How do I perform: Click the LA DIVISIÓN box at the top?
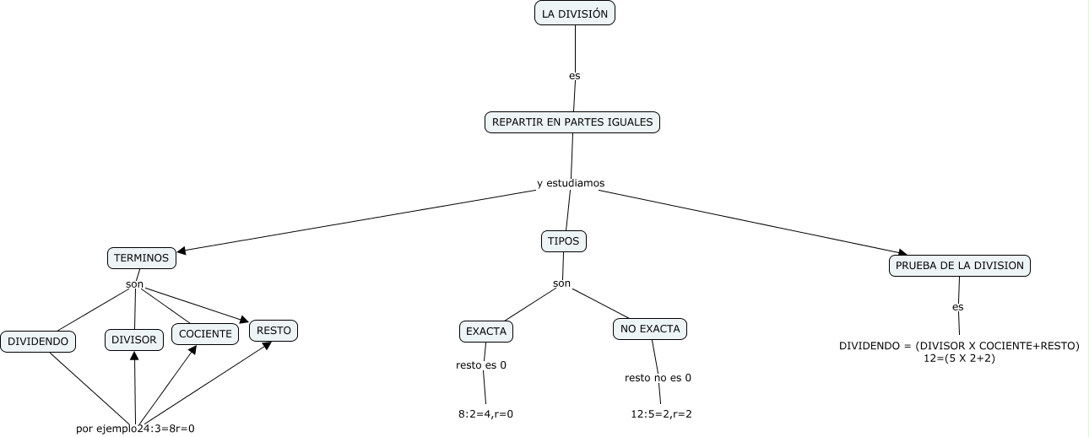[x=575, y=13]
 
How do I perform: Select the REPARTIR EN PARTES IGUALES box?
[x=572, y=122]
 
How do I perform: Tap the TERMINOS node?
[x=142, y=258]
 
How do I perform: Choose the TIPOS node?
[x=564, y=241]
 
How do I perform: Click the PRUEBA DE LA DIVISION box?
[x=960, y=266]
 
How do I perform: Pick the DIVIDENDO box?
[x=39, y=342]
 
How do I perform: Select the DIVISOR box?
[x=134, y=340]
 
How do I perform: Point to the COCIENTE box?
[x=205, y=334]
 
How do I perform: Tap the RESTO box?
[x=274, y=331]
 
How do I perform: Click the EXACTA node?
[x=486, y=332]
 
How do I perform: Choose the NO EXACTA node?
[x=650, y=329]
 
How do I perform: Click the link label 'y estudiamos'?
[x=571, y=183]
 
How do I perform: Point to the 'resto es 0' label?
[x=481, y=365]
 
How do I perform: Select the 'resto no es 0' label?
[x=658, y=377]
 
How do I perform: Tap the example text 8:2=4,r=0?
[x=485, y=414]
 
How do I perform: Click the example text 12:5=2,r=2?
[x=661, y=414]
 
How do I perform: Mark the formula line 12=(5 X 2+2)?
[x=960, y=359]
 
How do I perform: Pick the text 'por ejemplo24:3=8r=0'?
[x=135, y=429]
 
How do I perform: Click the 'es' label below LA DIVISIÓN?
[x=575, y=75]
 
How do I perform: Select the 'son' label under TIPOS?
[x=561, y=283]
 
